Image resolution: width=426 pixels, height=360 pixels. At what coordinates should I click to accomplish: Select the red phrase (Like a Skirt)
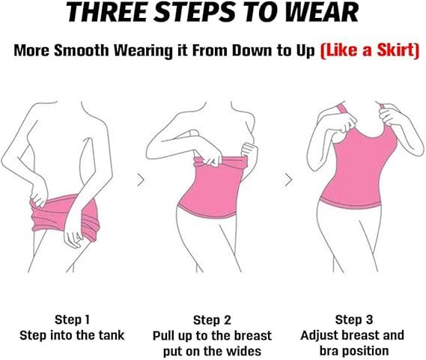tap(370, 51)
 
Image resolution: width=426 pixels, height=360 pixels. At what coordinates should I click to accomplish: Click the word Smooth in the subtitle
tap(82, 50)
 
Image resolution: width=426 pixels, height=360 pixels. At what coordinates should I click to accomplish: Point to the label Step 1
tap(72, 320)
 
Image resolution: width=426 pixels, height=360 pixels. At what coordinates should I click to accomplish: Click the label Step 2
tap(212, 320)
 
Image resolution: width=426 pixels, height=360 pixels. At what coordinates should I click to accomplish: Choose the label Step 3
tap(353, 320)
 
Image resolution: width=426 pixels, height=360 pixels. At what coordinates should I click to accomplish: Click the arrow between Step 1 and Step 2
tap(141, 180)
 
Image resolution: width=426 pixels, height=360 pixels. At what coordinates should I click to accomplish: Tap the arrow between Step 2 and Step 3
tap(288, 180)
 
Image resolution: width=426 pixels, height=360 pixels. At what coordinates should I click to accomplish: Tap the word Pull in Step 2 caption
tap(162, 336)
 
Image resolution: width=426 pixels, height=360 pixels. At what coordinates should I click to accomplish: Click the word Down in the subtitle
tap(252, 51)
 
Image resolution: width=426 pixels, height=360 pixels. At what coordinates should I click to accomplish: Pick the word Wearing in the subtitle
tap(143, 51)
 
